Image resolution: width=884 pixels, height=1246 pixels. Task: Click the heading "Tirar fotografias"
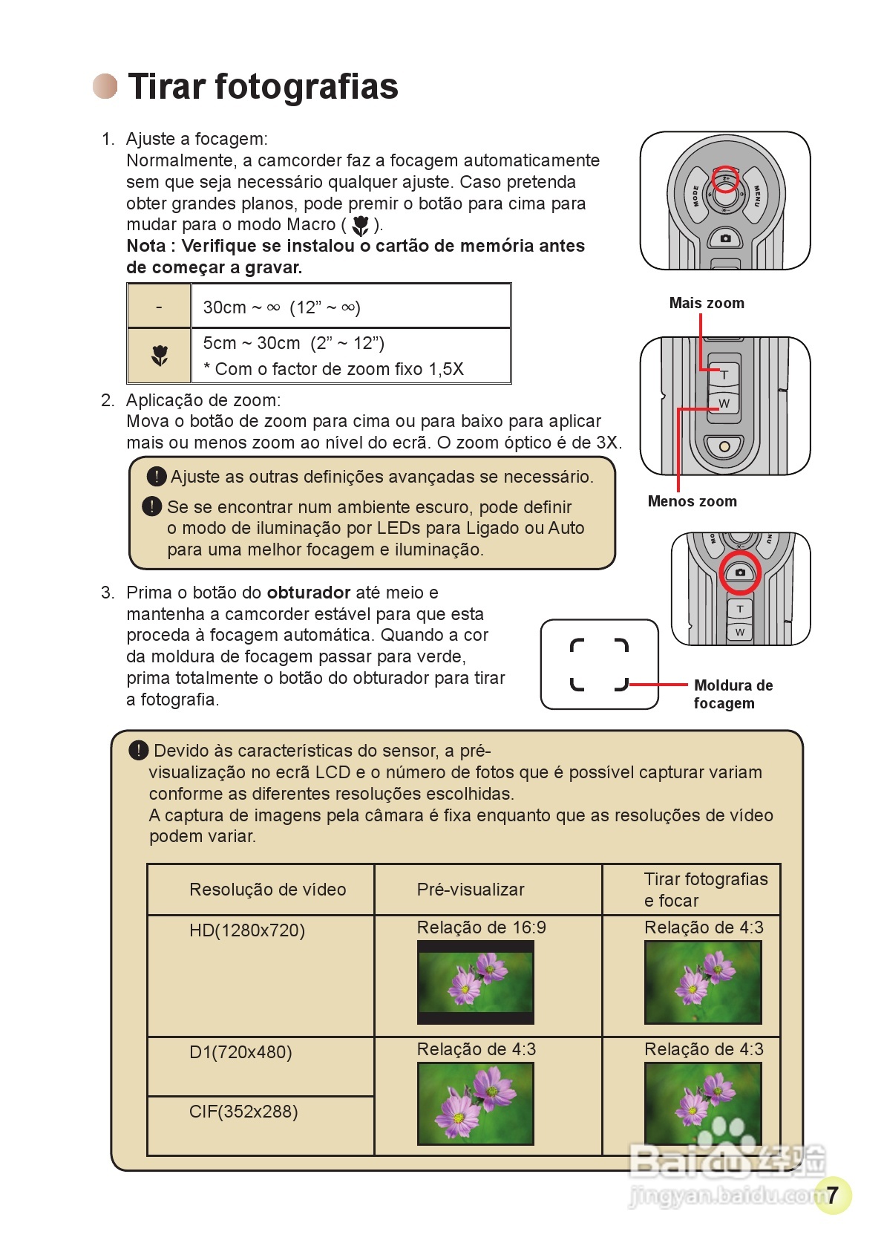tap(263, 86)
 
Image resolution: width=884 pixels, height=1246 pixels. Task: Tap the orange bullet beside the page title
tap(105, 86)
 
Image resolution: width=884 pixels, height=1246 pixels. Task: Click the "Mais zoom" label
tap(706, 303)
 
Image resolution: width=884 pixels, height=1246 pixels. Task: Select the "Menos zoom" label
tap(692, 501)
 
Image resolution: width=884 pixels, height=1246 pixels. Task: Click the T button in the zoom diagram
tap(724, 375)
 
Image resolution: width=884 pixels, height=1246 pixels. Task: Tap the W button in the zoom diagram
tap(724, 403)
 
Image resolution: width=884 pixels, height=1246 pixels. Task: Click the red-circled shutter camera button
tap(739, 572)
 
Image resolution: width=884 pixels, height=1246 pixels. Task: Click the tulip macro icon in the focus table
tap(160, 356)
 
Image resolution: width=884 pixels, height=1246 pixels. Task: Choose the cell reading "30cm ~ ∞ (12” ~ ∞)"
tap(281, 307)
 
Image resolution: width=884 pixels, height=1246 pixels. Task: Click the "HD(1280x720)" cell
tap(247, 930)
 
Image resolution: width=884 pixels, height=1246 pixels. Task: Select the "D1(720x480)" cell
tap(240, 1052)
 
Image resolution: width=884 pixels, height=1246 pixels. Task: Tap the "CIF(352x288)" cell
tap(243, 1112)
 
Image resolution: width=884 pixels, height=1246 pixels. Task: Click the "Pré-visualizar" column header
tap(471, 890)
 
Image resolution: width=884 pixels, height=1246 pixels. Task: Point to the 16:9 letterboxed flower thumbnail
tap(476, 982)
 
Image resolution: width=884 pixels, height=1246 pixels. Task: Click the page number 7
tap(832, 1195)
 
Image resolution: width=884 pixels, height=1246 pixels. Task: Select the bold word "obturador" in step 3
tap(308, 593)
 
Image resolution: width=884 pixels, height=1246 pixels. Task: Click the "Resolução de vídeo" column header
tap(267, 890)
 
